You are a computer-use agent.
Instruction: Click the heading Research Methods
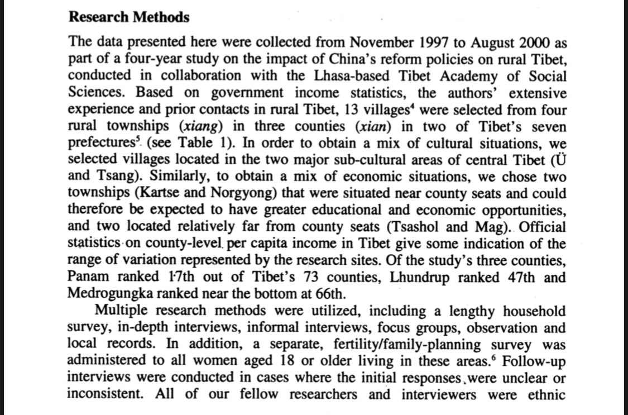pyautogui.click(x=129, y=17)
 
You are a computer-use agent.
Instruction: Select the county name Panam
pyautogui.click(x=88, y=278)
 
